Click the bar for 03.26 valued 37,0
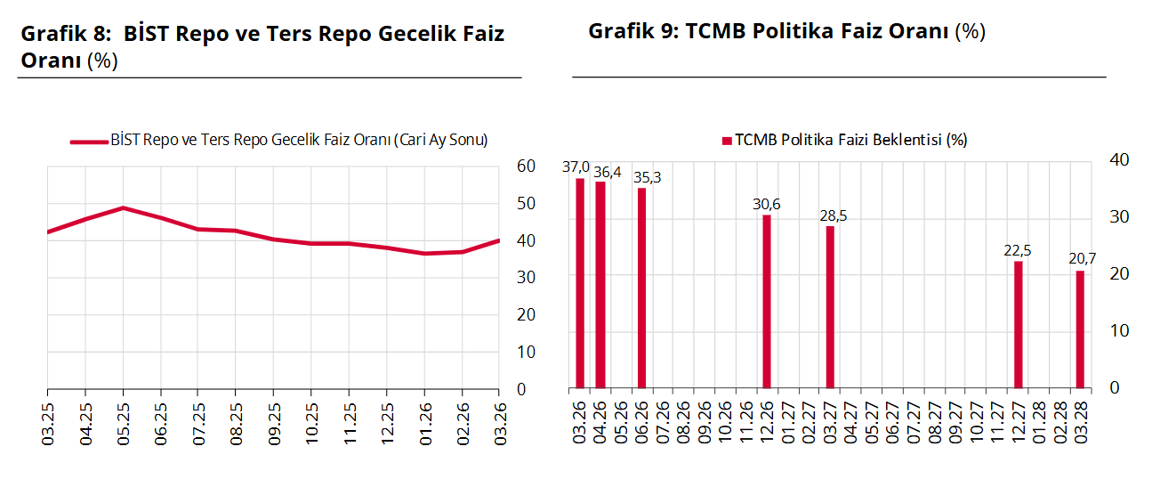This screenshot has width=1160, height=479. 580,283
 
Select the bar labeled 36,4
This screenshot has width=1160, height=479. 600,285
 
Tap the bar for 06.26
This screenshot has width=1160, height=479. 641,288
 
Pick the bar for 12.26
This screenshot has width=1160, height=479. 767,302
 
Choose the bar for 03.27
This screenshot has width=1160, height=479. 830,307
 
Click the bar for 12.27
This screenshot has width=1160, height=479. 1019,325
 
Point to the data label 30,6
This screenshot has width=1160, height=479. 766,205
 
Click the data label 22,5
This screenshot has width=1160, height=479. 1017,251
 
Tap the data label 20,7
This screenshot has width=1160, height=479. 1083,258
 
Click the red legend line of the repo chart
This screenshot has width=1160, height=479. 88,141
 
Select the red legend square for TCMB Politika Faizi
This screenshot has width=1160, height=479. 727,141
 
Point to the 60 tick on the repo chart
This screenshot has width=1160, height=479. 526,166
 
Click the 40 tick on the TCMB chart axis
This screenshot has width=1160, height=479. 1120,160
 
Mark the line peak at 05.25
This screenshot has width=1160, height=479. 123,207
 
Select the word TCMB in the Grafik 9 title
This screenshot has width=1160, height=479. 716,32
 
